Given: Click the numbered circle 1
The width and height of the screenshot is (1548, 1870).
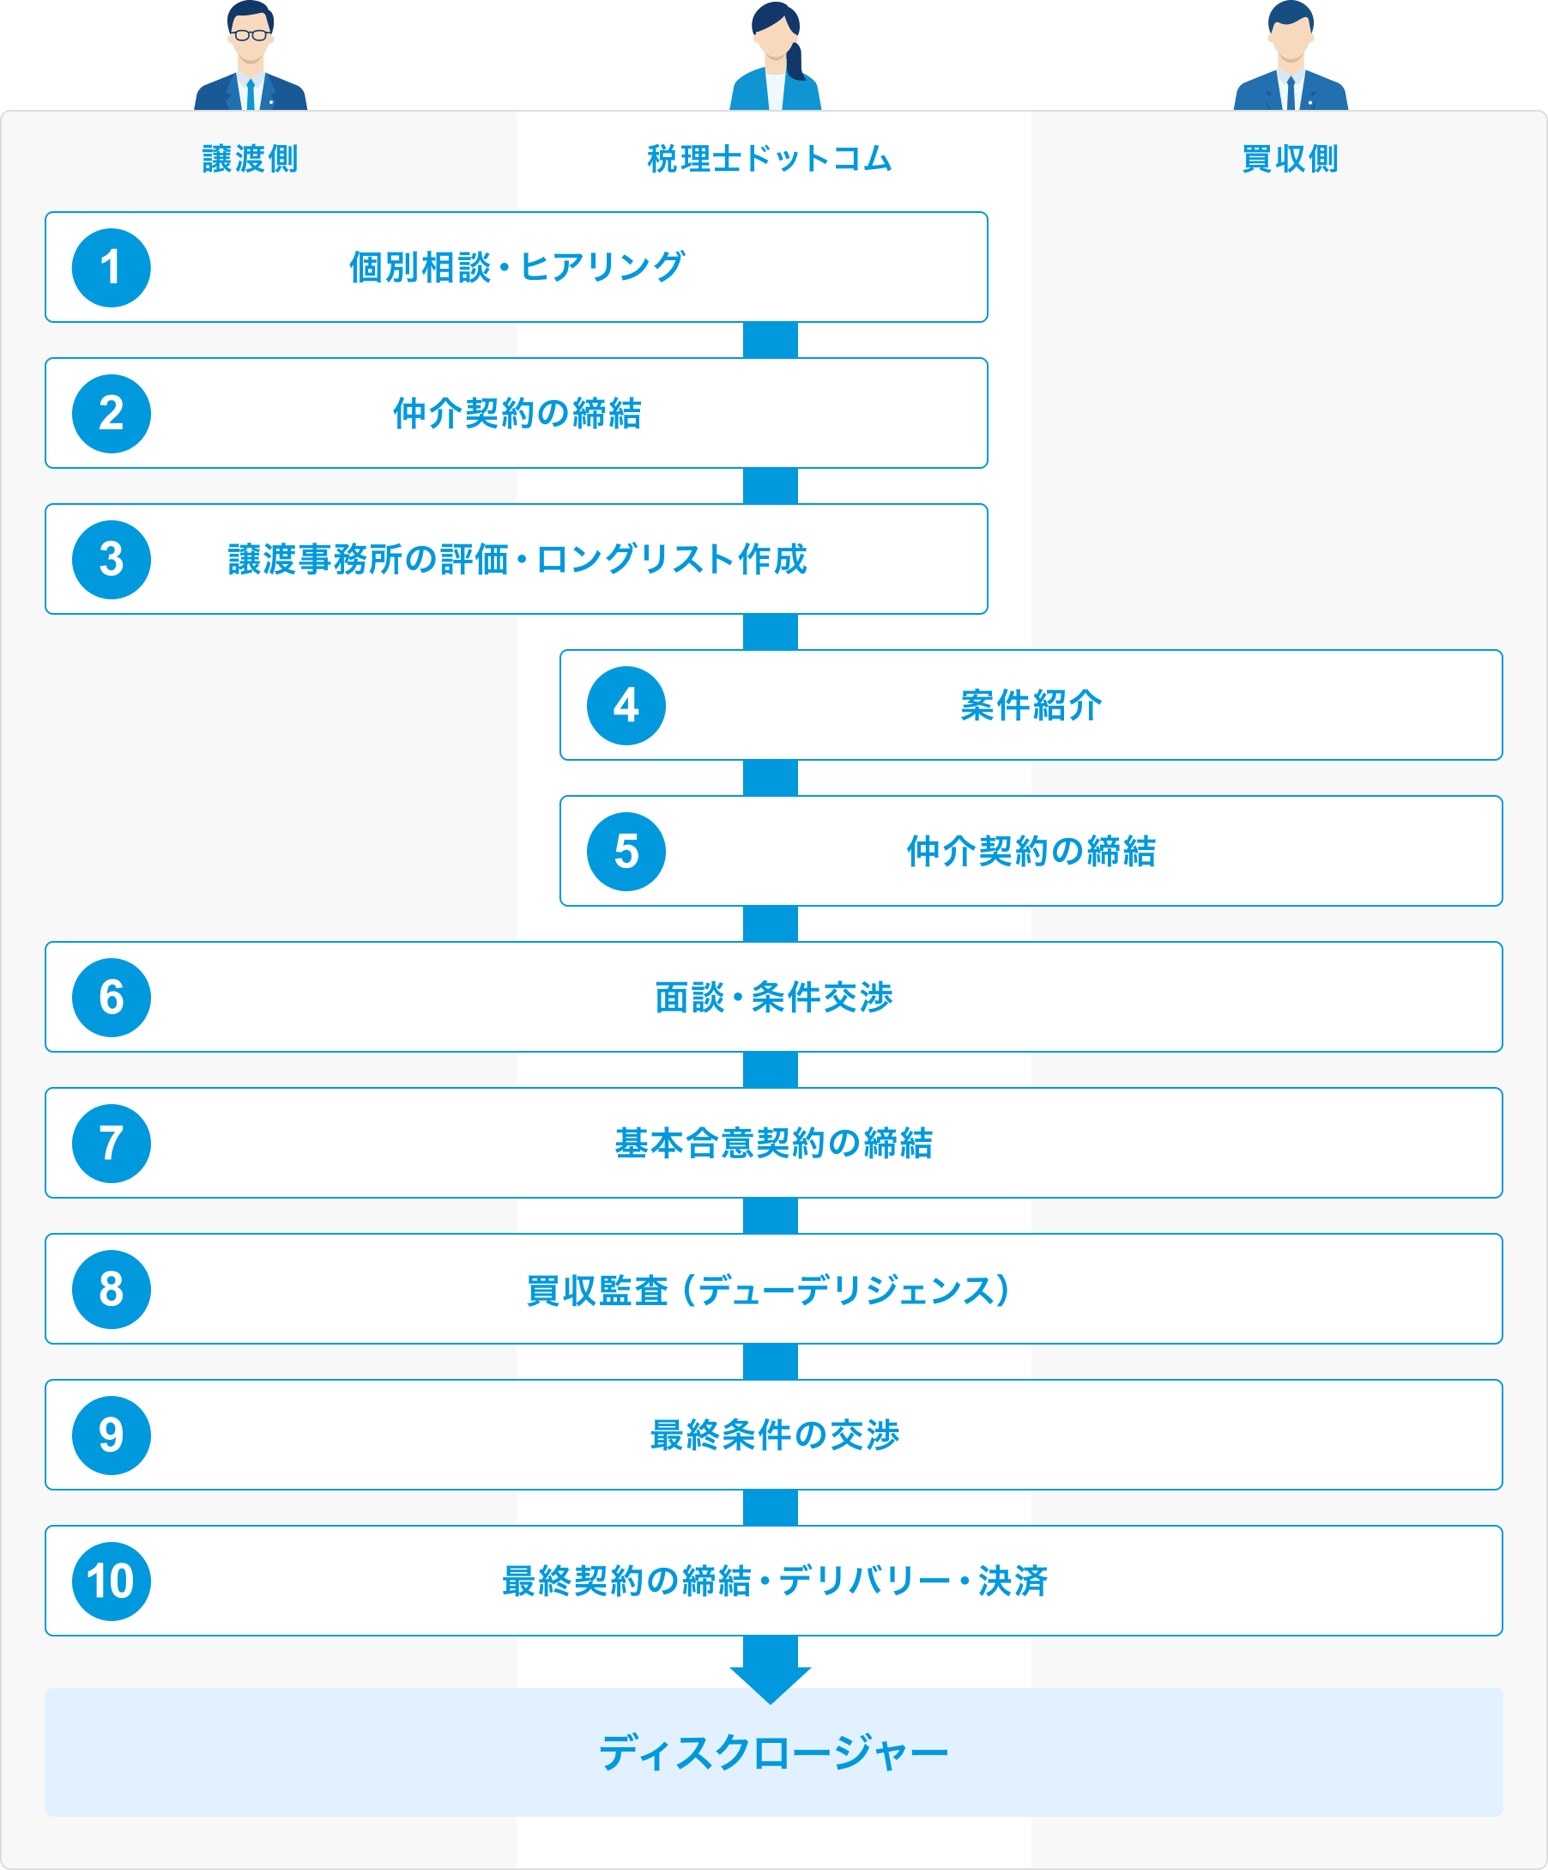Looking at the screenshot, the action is pyautogui.click(x=112, y=268).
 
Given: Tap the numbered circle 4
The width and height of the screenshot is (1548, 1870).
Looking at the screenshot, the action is pyautogui.click(x=626, y=706).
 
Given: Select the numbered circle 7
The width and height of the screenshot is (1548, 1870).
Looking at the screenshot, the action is pyautogui.click(x=112, y=1144).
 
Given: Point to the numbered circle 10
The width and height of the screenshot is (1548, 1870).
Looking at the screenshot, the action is pyautogui.click(x=112, y=1582).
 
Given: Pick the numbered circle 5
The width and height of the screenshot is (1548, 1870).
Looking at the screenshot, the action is pyautogui.click(x=626, y=853).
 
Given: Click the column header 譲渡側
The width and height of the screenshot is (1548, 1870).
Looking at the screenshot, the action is pyautogui.click(x=251, y=160).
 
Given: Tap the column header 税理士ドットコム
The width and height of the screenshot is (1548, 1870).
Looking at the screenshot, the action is pyautogui.click(x=770, y=160).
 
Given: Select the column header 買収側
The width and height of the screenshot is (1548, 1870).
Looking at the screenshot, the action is pyautogui.click(x=1290, y=160).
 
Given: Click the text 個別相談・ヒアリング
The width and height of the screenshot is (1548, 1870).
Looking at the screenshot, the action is pyautogui.click(x=517, y=267).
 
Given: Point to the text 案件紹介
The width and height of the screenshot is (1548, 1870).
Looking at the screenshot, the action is pyautogui.click(x=1031, y=706).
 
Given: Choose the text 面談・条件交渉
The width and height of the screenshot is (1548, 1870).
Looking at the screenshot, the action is pyautogui.click(x=773, y=998).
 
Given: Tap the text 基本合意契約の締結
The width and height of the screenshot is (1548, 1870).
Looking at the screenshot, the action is pyautogui.click(x=773, y=1144).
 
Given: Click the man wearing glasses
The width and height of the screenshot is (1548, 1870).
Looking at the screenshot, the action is pyautogui.click(x=251, y=55).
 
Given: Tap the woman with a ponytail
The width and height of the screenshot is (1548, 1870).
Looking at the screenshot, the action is pyautogui.click(x=777, y=56).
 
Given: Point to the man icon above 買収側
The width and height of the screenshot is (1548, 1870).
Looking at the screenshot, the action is pyautogui.click(x=1291, y=55).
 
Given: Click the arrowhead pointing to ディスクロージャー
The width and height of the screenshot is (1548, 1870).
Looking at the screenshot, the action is pyautogui.click(x=770, y=1685).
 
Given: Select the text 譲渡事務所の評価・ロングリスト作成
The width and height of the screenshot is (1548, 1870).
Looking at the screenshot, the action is pyautogui.click(x=517, y=559).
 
